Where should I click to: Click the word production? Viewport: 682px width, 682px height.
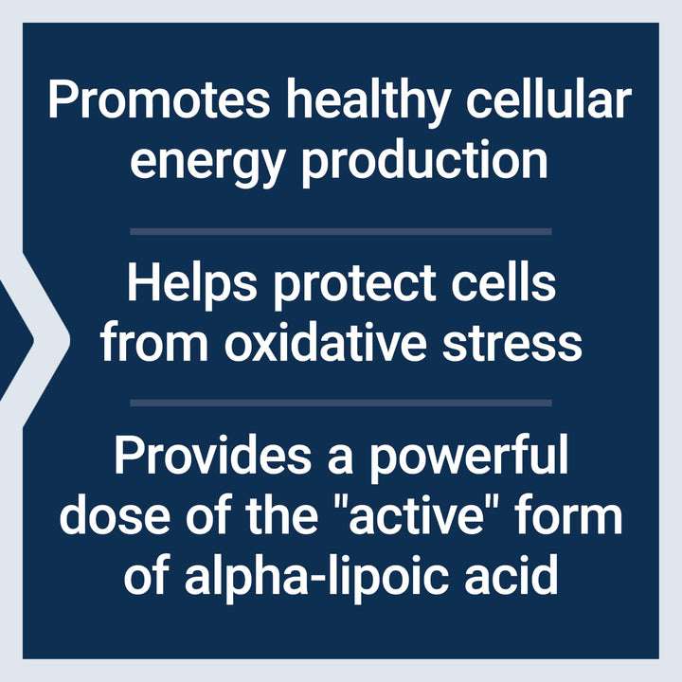pyautogui.click(x=424, y=161)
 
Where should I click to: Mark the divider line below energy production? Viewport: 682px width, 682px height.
pyautogui.click(x=341, y=230)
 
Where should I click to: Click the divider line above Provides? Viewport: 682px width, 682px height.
pyautogui.click(x=341, y=403)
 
